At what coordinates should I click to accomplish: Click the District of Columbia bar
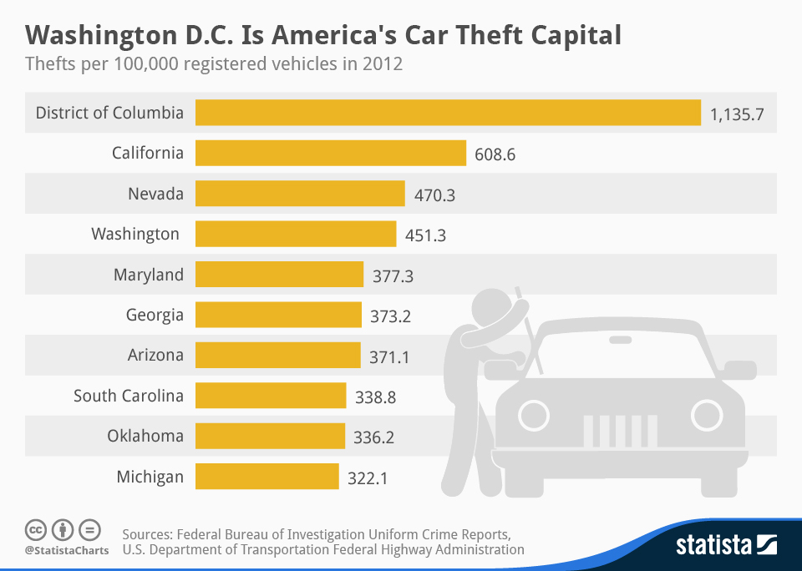point(448,113)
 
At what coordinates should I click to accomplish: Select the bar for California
point(331,153)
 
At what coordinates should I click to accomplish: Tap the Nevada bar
point(300,194)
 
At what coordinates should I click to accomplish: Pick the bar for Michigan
point(267,477)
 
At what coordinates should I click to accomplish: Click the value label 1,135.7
point(738,114)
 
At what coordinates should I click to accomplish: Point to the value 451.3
point(426,235)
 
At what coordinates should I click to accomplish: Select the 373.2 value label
point(391,316)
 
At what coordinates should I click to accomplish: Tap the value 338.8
point(375,397)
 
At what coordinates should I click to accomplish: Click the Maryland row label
point(149,275)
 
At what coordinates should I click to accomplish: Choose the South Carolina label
point(129,396)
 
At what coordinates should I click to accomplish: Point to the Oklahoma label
point(145,436)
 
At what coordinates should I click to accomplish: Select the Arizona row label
point(155,355)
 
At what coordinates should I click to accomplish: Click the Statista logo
point(726,545)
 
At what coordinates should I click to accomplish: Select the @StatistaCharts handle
point(66,550)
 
